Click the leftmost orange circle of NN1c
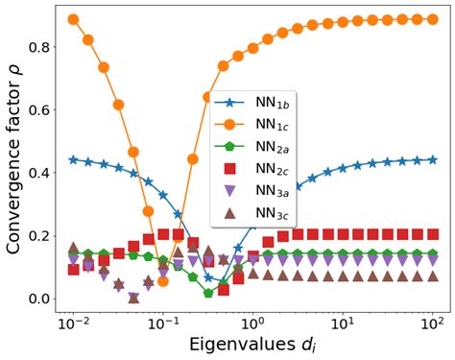[74, 19]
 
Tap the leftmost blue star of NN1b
[74, 159]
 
